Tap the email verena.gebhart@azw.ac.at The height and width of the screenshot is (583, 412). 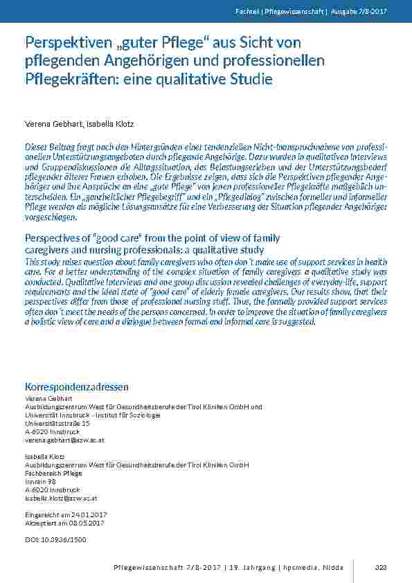point(64,440)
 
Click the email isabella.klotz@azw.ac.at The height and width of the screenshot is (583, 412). point(61,498)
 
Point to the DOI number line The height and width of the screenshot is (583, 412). point(56,538)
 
